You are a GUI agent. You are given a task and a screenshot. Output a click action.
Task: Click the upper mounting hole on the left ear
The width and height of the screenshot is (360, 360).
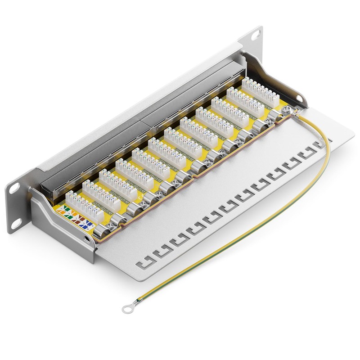[x=14, y=187]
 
